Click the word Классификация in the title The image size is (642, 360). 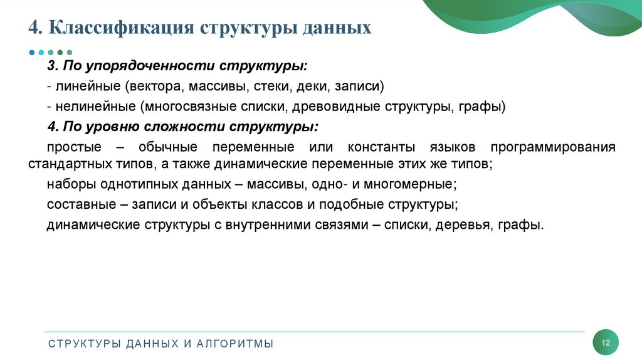pyautogui.click(x=120, y=28)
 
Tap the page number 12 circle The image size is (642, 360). pyautogui.click(x=606, y=342)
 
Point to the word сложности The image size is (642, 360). pyautogui.click(x=193, y=126)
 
